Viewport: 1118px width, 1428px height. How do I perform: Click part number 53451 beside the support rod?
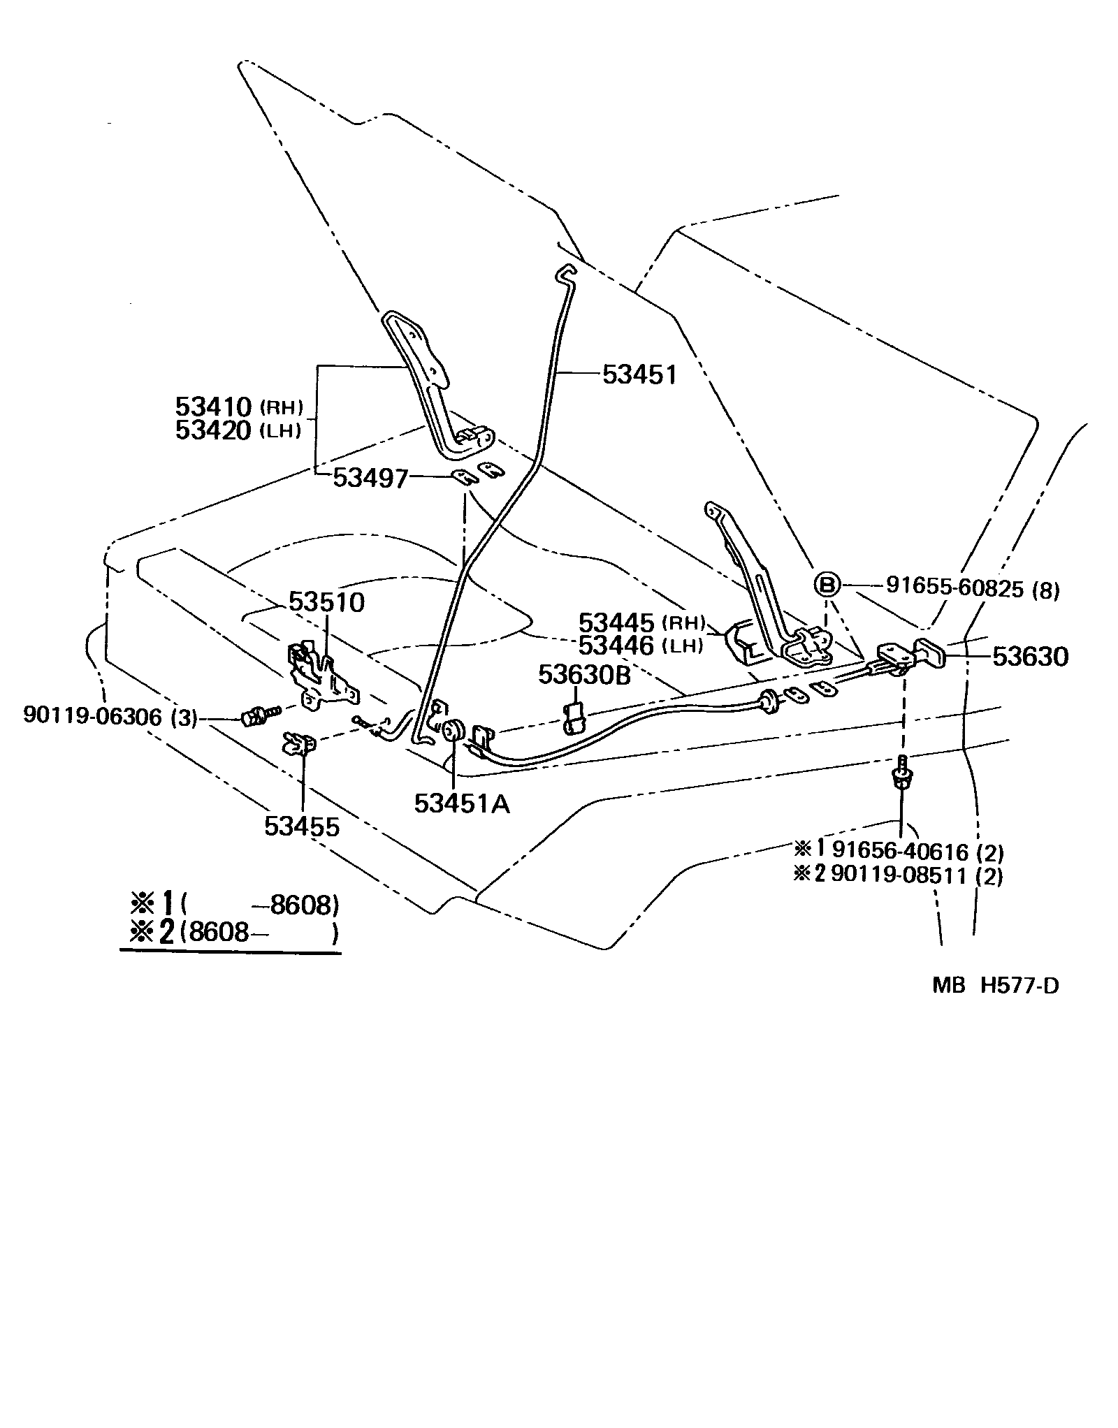[639, 375]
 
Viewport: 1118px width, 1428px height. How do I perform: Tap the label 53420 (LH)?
[238, 430]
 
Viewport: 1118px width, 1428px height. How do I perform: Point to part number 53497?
[370, 478]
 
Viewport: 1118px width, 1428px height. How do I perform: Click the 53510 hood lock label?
[327, 602]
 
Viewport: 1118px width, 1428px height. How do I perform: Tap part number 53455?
[301, 826]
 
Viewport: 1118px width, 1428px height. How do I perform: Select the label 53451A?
[462, 804]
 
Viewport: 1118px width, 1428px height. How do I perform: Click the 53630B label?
[584, 675]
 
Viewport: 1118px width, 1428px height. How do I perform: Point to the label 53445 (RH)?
[642, 622]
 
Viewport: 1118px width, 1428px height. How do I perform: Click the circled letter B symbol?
[827, 585]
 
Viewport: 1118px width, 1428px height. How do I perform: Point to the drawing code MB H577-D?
[995, 985]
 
